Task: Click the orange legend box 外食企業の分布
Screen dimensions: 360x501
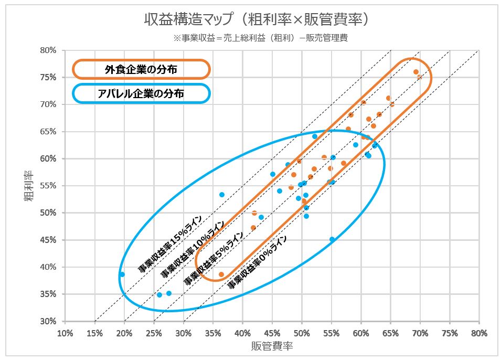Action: click(141, 69)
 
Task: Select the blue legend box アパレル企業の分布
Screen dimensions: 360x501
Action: click(141, 93)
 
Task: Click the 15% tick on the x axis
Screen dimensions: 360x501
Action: click(94, 333)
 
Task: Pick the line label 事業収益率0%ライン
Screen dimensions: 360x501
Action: click(257, 260)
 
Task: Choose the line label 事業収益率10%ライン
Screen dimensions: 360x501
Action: click(192, 249)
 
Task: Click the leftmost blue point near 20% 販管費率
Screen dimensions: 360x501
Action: click(122, 274)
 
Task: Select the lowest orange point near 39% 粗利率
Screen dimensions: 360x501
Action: click(221, 274)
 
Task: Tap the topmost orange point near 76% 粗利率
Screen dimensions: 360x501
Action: click(416, 72)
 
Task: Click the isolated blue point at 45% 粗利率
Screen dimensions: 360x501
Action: click(332, 239)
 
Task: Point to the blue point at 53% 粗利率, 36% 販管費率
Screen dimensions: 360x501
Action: click(222, 195)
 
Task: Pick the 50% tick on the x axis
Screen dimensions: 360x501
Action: click(302, 333)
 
